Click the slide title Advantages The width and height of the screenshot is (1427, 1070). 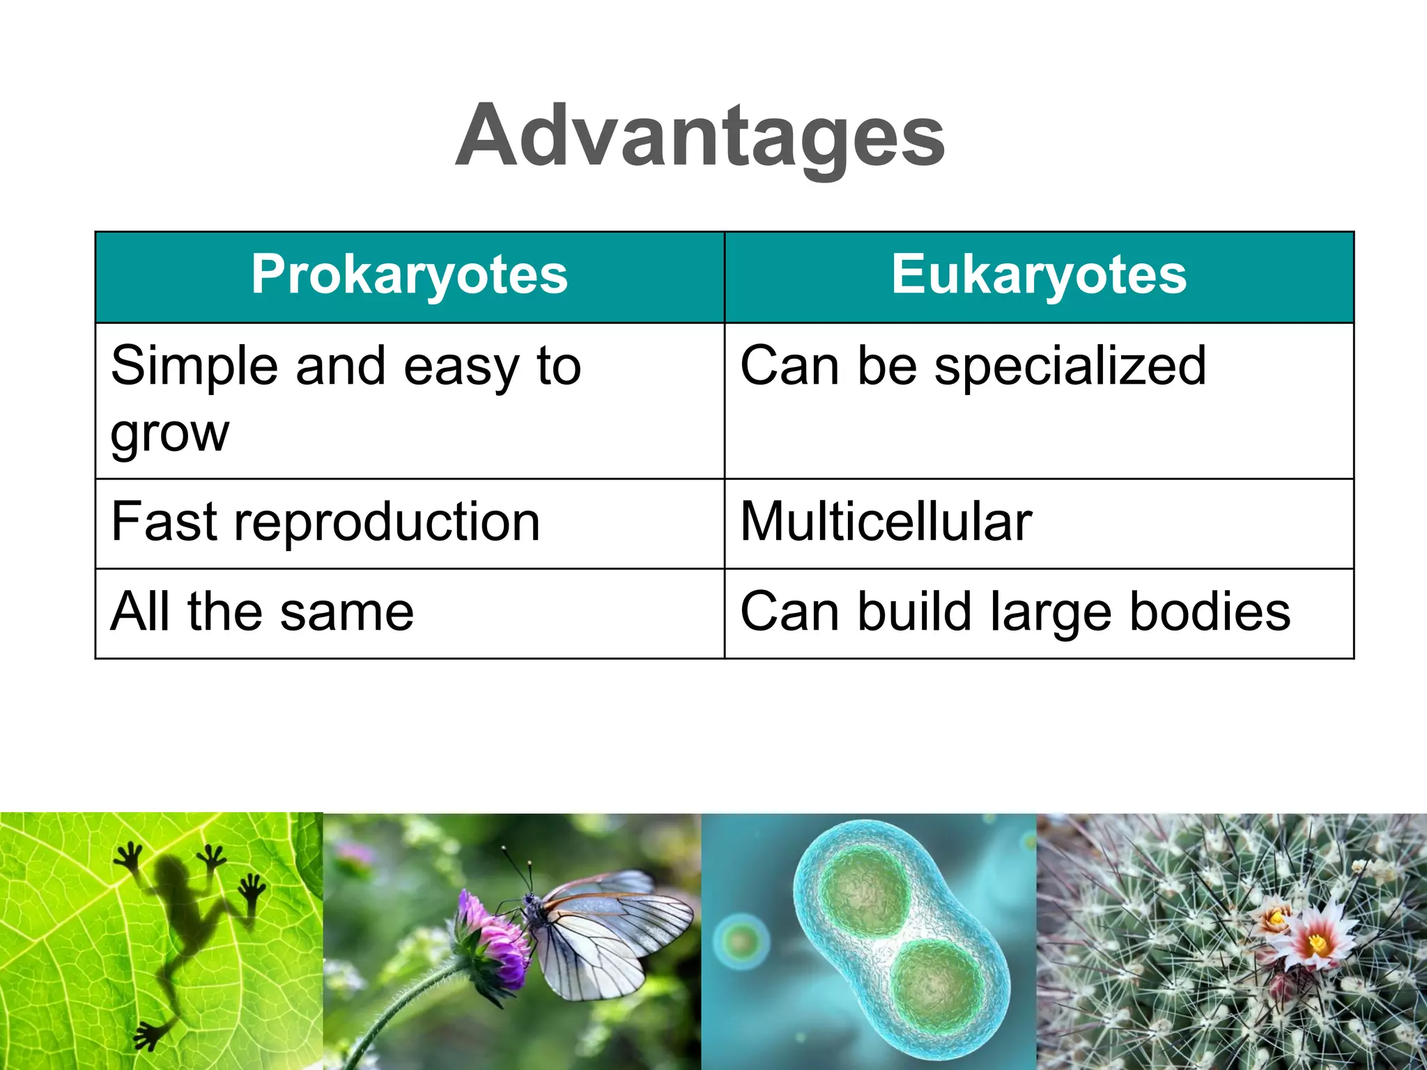coord(700,136)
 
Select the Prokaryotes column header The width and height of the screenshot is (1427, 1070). coord(410,276)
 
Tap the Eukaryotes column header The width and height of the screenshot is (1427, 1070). coord(1038,276)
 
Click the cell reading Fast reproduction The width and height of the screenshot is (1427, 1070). coord(325,522)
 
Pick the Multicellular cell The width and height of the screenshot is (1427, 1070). coord(885,522)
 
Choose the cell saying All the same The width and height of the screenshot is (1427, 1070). coord(262,612)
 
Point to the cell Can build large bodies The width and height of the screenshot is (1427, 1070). coord(1015,612)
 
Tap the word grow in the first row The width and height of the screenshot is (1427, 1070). coord(169,434)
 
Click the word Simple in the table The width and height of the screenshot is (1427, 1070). coord(193,366)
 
